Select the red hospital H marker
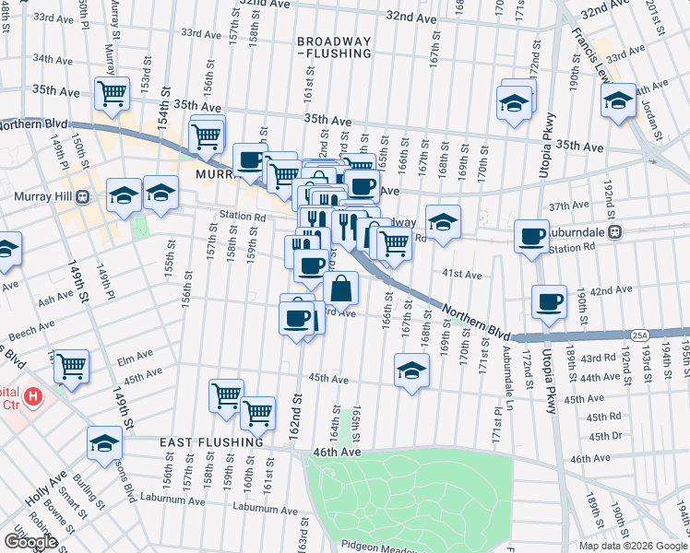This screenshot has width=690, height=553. pyautogui.click(x=33, y=397)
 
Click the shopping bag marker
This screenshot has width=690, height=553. pyautogui.click(x=340, y=288)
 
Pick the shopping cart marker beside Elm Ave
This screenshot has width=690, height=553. pyautogui.click(x=71, y=367)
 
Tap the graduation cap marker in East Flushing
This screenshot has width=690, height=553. pyautogui.click(x=105, y=443)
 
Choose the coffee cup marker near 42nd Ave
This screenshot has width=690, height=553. pyautogui.click(x=550, y=302)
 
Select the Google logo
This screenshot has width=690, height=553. pyautogui.click(x=30, y=542)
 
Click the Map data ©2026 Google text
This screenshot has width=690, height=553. pyautogui.click(x=633, y=545)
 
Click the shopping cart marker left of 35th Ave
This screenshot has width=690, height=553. pyautogui.click(x=111, y=93)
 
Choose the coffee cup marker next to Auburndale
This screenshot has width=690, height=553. pyautogui.click(x=531, y=237)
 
